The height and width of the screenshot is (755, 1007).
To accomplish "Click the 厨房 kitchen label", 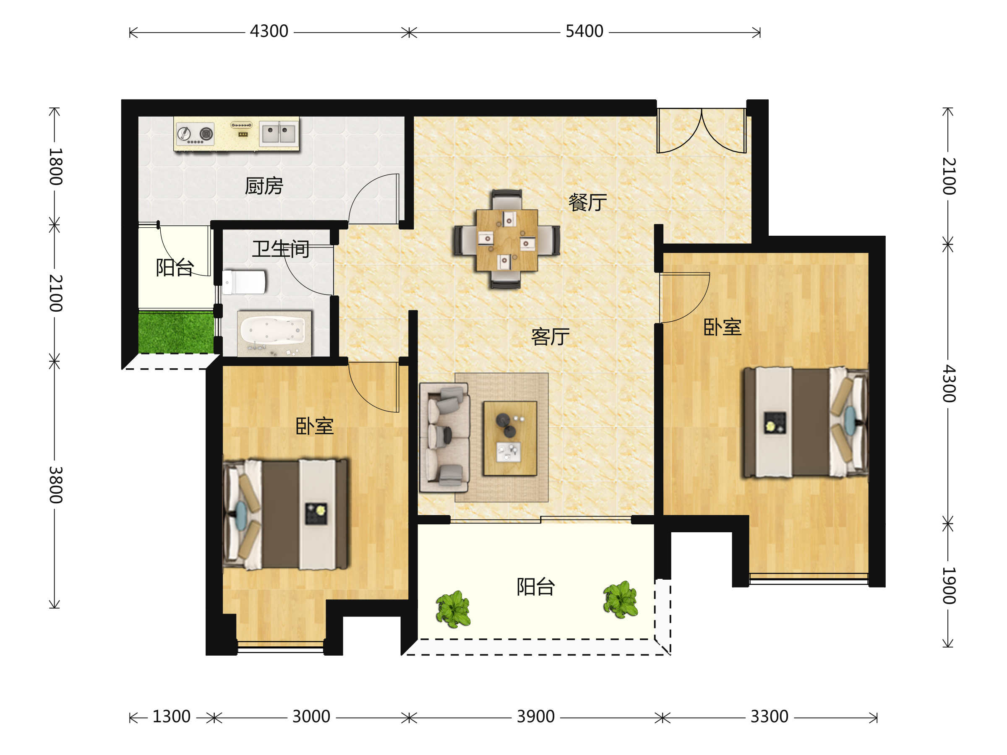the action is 264,186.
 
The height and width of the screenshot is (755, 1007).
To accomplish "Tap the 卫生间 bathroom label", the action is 281,249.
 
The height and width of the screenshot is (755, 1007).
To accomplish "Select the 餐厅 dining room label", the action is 588,202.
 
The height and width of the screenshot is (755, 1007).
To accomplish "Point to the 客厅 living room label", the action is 550,337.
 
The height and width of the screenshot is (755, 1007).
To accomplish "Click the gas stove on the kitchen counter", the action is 195,133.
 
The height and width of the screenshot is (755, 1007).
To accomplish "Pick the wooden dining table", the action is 507,240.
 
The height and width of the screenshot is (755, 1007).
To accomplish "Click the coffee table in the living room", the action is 510,438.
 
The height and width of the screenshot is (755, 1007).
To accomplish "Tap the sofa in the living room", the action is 444,437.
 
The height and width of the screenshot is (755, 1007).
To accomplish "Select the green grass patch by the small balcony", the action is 176,332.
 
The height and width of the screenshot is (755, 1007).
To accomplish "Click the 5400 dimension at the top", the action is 584,31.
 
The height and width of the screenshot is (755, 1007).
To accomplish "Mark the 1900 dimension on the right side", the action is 949,586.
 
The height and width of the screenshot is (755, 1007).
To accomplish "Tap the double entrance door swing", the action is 702,130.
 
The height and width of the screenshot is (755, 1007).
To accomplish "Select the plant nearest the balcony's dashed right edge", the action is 621,599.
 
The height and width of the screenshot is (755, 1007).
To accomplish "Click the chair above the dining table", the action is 507,199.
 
